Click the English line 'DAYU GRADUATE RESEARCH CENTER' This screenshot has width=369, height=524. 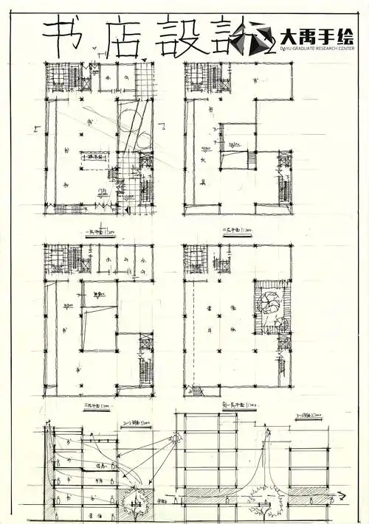click(319, 51)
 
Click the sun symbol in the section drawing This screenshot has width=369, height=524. click(177, 439)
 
